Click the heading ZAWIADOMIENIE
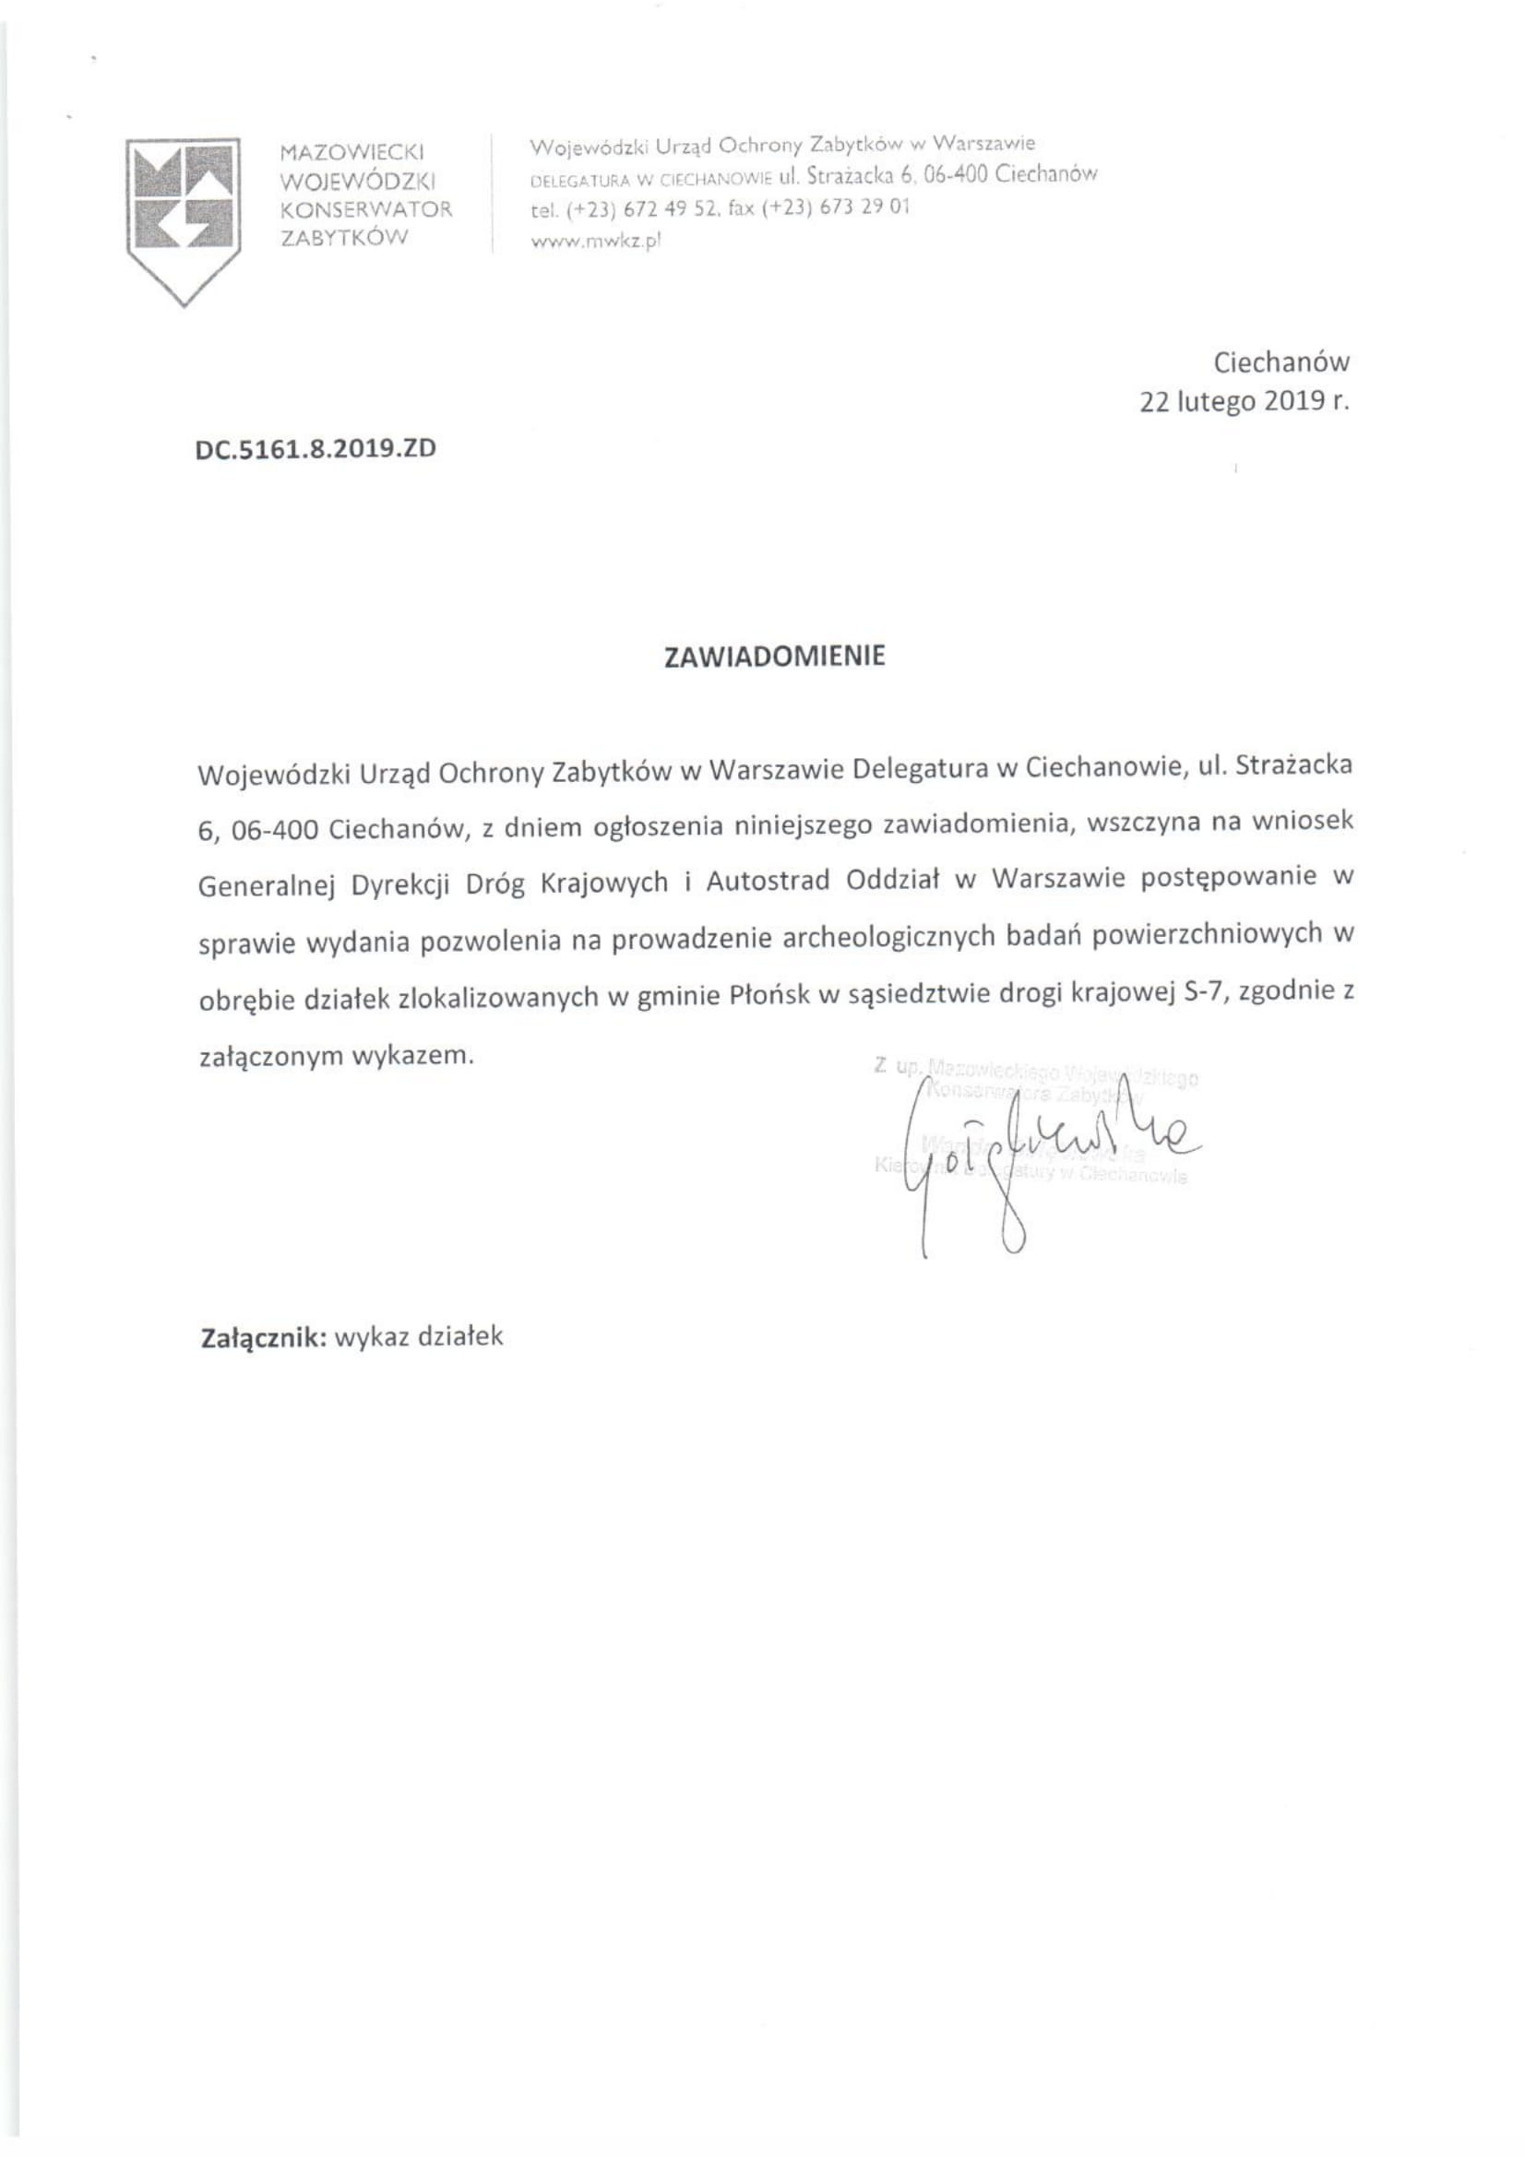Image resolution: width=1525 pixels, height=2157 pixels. click(x=774, y=656)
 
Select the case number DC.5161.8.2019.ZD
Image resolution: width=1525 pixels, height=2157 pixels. click(x=316, y=448)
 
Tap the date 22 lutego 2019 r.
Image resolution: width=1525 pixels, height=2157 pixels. click(x=1244, y=401)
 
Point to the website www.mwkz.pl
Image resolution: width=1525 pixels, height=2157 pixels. click(x=597, y=240)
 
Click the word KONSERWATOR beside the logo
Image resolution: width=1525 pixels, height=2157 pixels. click(x=366, y=208)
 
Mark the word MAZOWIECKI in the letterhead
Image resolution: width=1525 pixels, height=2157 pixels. click(x=353, y=150)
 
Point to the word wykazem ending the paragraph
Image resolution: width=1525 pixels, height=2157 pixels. click(x=412, y=1054)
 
